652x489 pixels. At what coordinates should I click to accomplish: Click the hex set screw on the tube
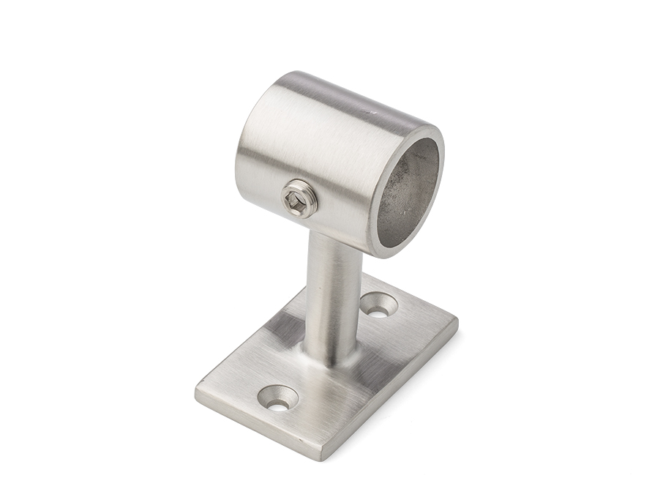point(299,199)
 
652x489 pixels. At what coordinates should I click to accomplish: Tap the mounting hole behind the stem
point(379,305)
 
